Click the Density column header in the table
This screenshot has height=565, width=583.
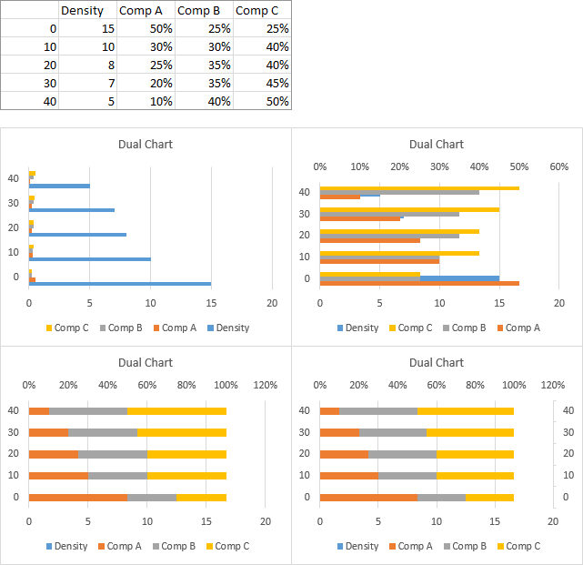tap(81, 10)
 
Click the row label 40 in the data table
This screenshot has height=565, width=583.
tap(49, 101)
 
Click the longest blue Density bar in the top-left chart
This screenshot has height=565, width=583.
tap(118, 284)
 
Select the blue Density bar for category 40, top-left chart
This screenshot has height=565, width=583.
tap(59, 186)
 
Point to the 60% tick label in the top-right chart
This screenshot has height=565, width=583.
tap(558, 166)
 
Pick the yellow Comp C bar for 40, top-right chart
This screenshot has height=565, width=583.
tap(418, 188)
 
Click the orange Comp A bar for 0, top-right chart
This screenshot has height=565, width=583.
tap(418, 283)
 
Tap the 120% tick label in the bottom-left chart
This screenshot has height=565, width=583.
tap(265, 385)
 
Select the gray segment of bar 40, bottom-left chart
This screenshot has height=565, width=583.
tap(87, 411)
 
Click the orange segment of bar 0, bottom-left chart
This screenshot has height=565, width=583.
tap(77, 497)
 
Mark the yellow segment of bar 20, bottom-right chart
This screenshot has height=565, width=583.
tap(475, 454)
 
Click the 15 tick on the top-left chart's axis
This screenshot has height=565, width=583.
tap(211, 303)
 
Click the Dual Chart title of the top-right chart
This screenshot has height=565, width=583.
tap(437, 144)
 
